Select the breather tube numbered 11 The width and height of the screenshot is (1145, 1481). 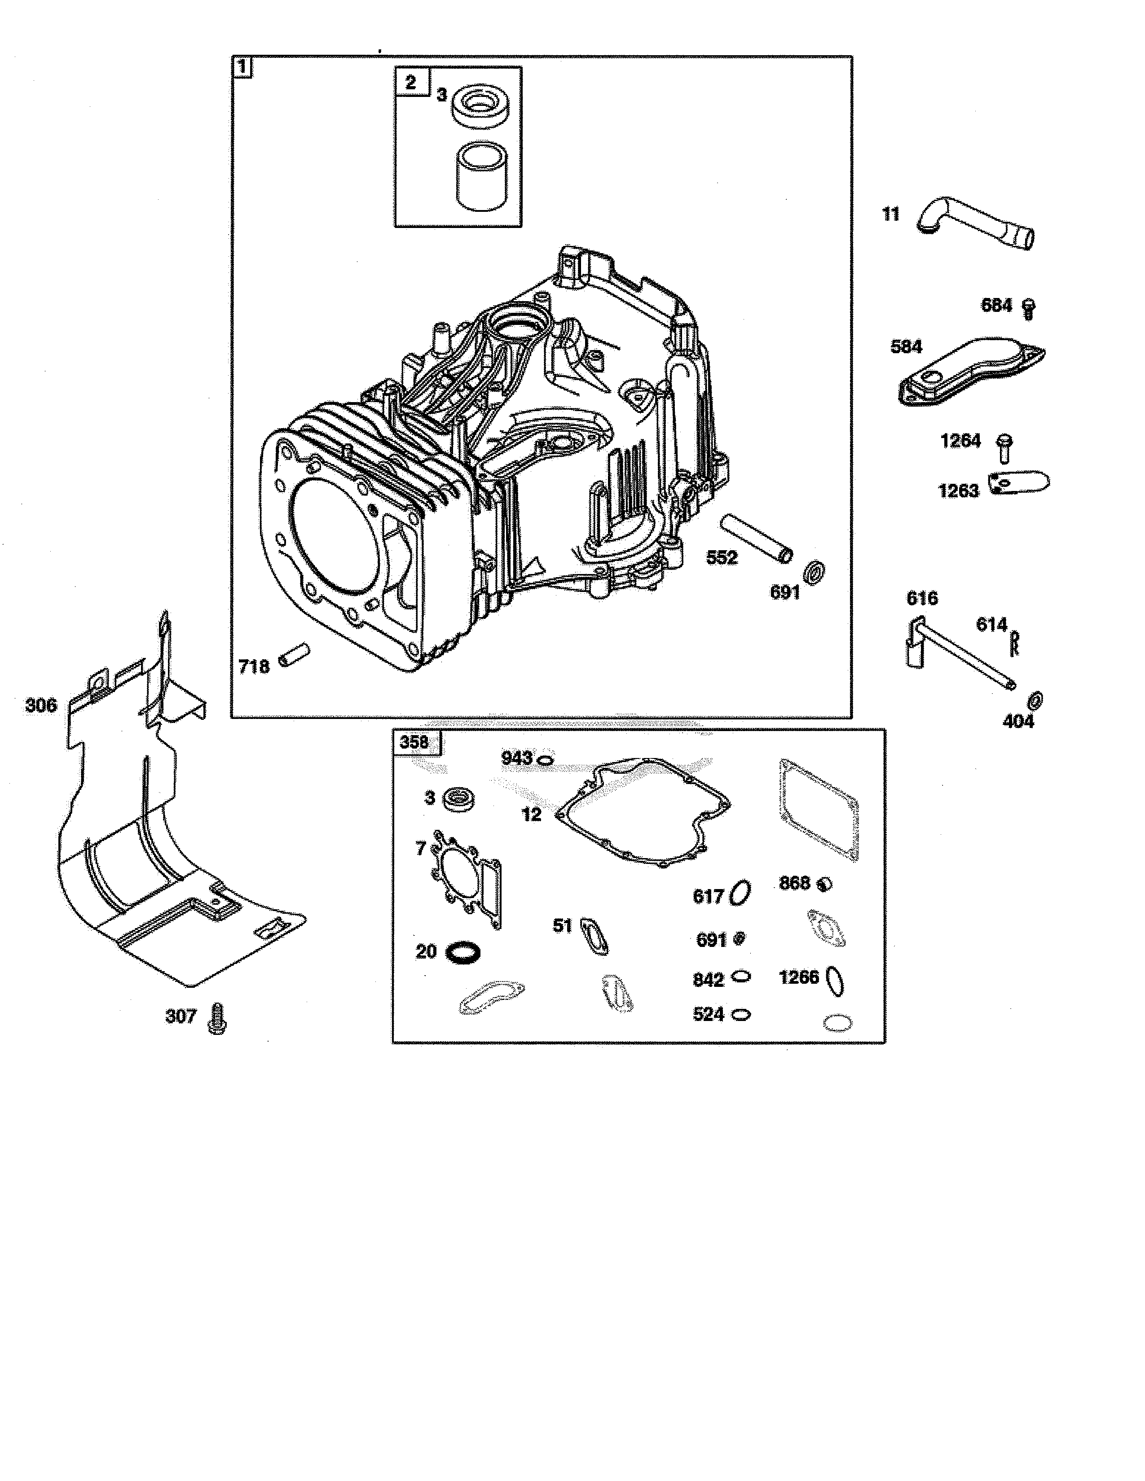977,224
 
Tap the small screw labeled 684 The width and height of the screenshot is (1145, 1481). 1028,309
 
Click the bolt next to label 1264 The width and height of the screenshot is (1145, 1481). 1004,448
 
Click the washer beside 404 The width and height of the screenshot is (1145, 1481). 1035,699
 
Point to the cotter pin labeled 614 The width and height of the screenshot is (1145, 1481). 1015,642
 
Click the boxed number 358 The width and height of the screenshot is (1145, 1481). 414,742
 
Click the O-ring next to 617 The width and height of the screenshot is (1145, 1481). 741,893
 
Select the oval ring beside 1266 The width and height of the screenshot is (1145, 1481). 837,981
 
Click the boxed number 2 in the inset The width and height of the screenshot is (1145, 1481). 410,82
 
